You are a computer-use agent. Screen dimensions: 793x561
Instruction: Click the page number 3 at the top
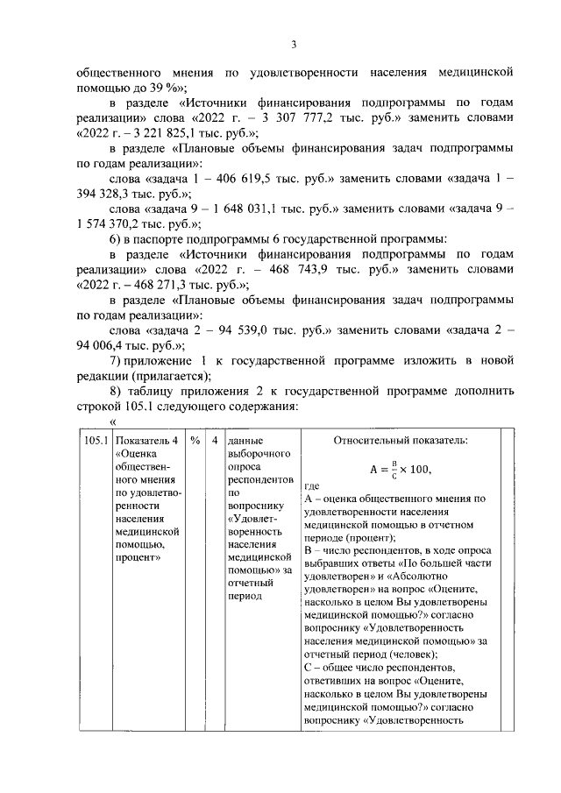(x=295, y=46)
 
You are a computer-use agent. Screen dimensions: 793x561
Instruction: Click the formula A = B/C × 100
(x=400, y=469)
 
